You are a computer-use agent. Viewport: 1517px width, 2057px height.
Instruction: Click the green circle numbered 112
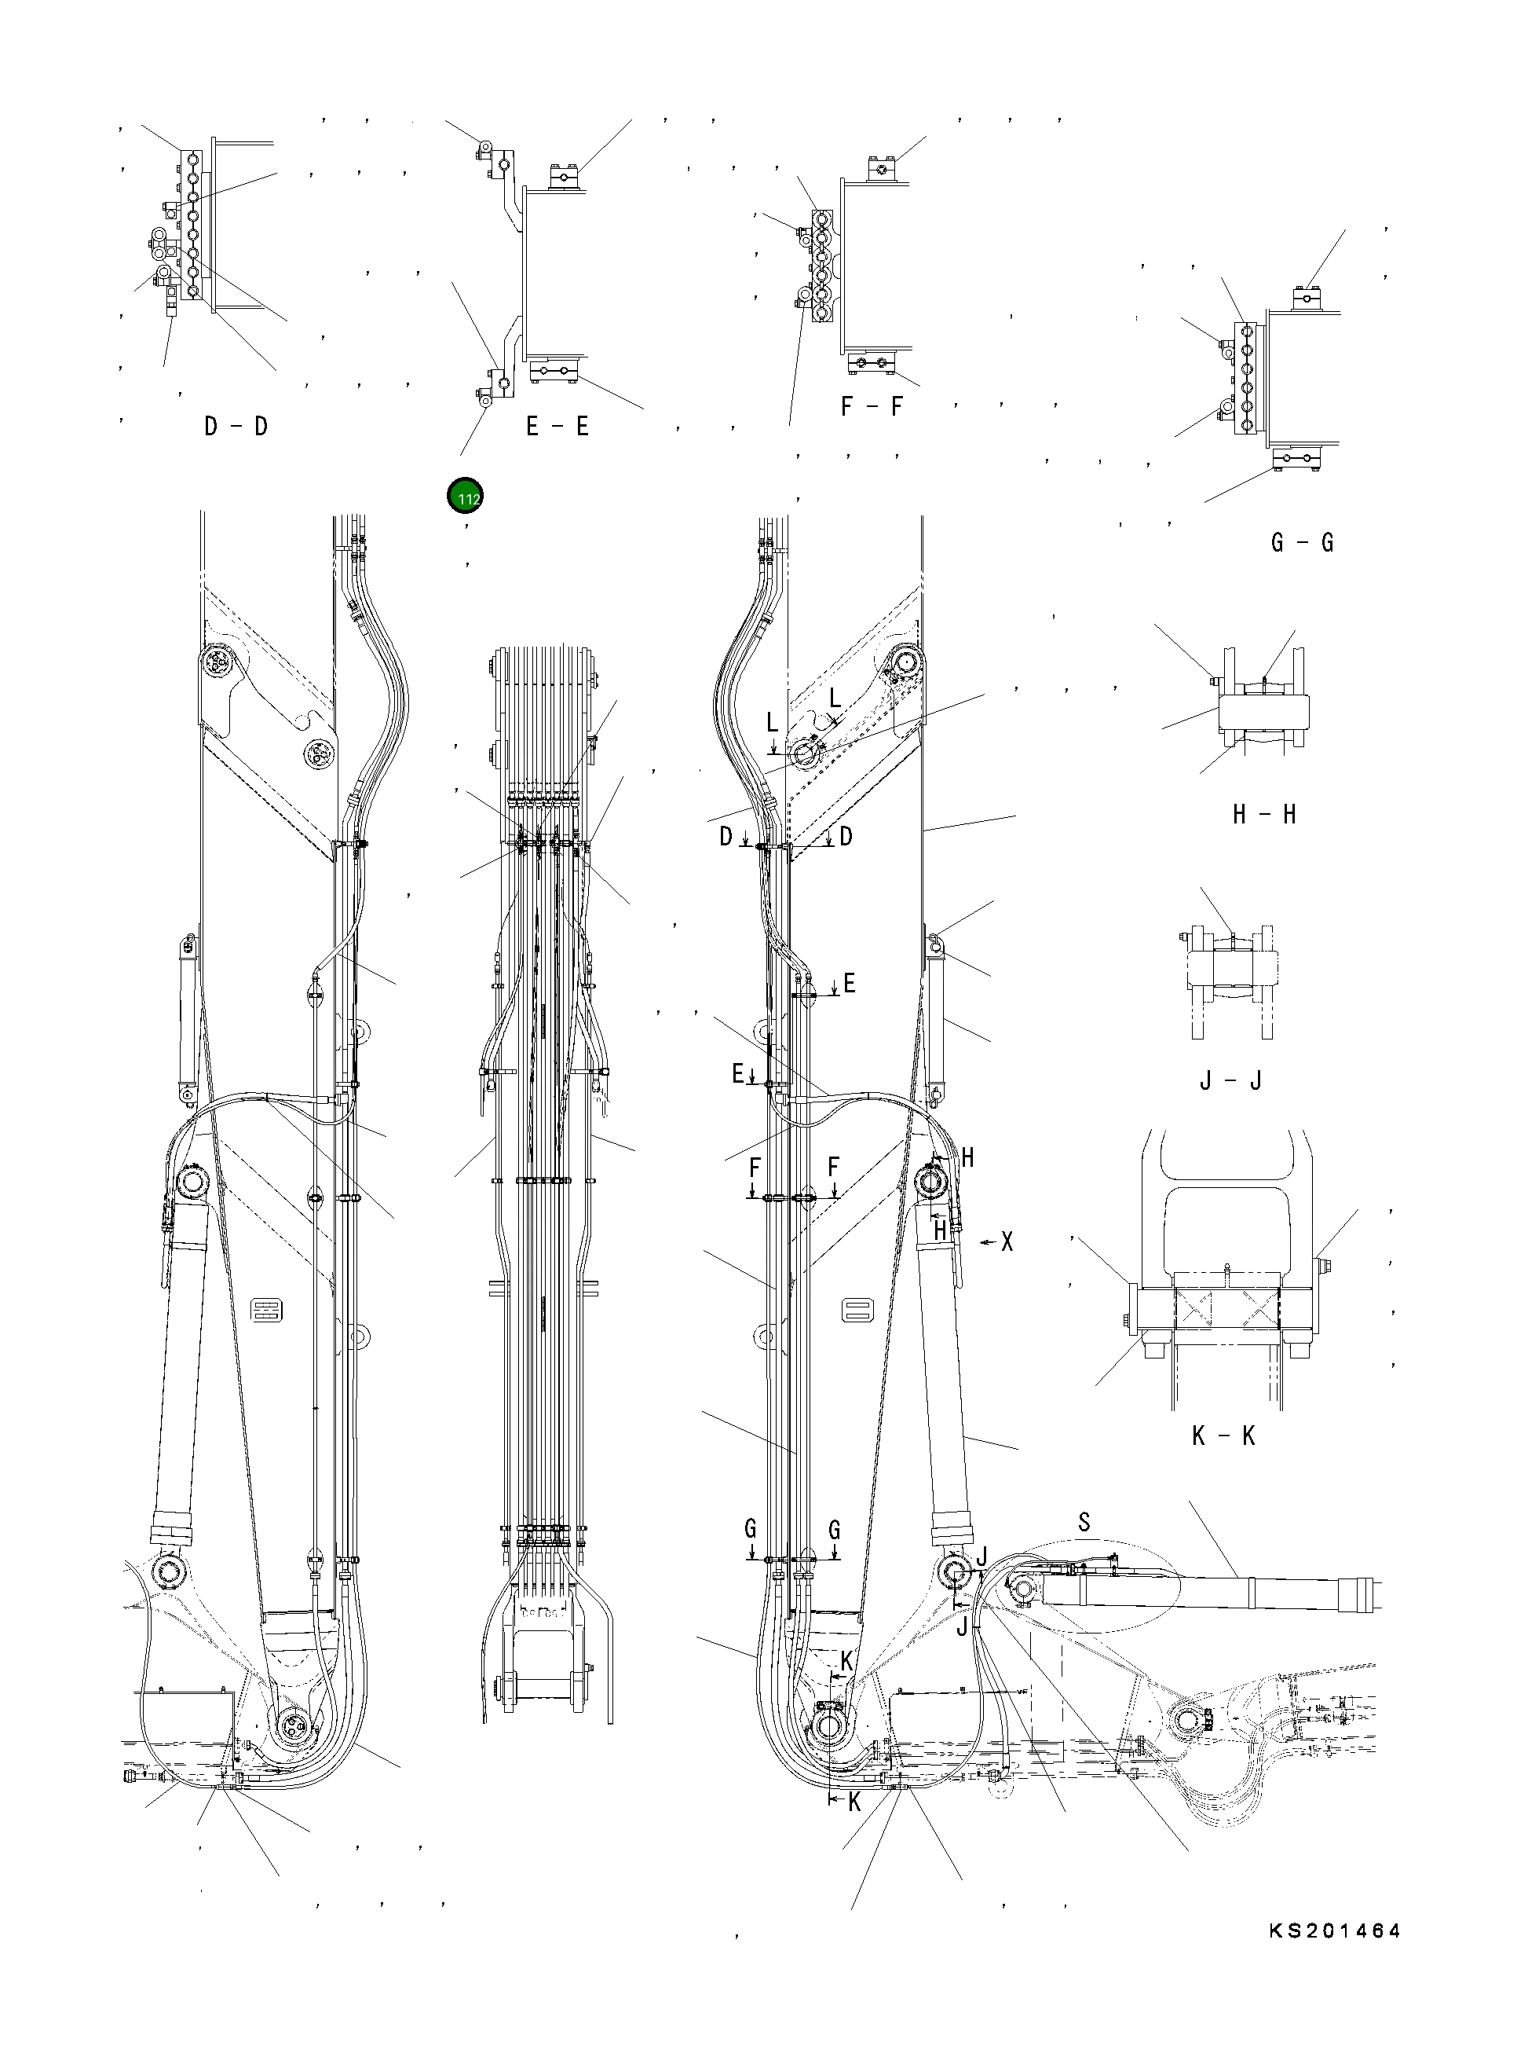point(466,496)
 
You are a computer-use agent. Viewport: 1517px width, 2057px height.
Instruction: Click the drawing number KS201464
point(1334,1931)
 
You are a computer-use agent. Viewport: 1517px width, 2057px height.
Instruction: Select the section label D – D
point(236,427)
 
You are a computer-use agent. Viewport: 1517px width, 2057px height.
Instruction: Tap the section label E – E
point(557,427)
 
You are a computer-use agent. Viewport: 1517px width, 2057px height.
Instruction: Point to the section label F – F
point(872,406)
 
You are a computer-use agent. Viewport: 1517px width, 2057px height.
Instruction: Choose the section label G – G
point(1301,542)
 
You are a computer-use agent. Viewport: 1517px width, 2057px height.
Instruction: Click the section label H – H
point(1263,814)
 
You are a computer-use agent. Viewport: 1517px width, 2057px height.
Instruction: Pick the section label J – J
point(1230,1080)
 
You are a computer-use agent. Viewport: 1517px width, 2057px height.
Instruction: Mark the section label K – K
point(1223,1436)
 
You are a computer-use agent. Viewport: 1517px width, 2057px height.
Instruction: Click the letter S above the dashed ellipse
point(1084,1522)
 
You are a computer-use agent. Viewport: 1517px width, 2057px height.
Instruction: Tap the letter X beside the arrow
point(1007,1242)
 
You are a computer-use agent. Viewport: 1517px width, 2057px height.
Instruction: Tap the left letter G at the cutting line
point(750,1530)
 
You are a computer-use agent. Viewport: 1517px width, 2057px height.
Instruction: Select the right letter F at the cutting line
point(833,1168)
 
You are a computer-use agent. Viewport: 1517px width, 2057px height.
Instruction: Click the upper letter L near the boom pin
point(834,699)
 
